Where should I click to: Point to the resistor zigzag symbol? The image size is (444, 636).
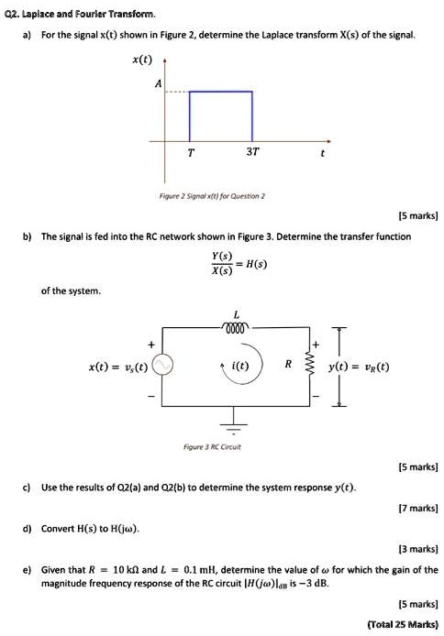pyautogui.click(x=309, y=366)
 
